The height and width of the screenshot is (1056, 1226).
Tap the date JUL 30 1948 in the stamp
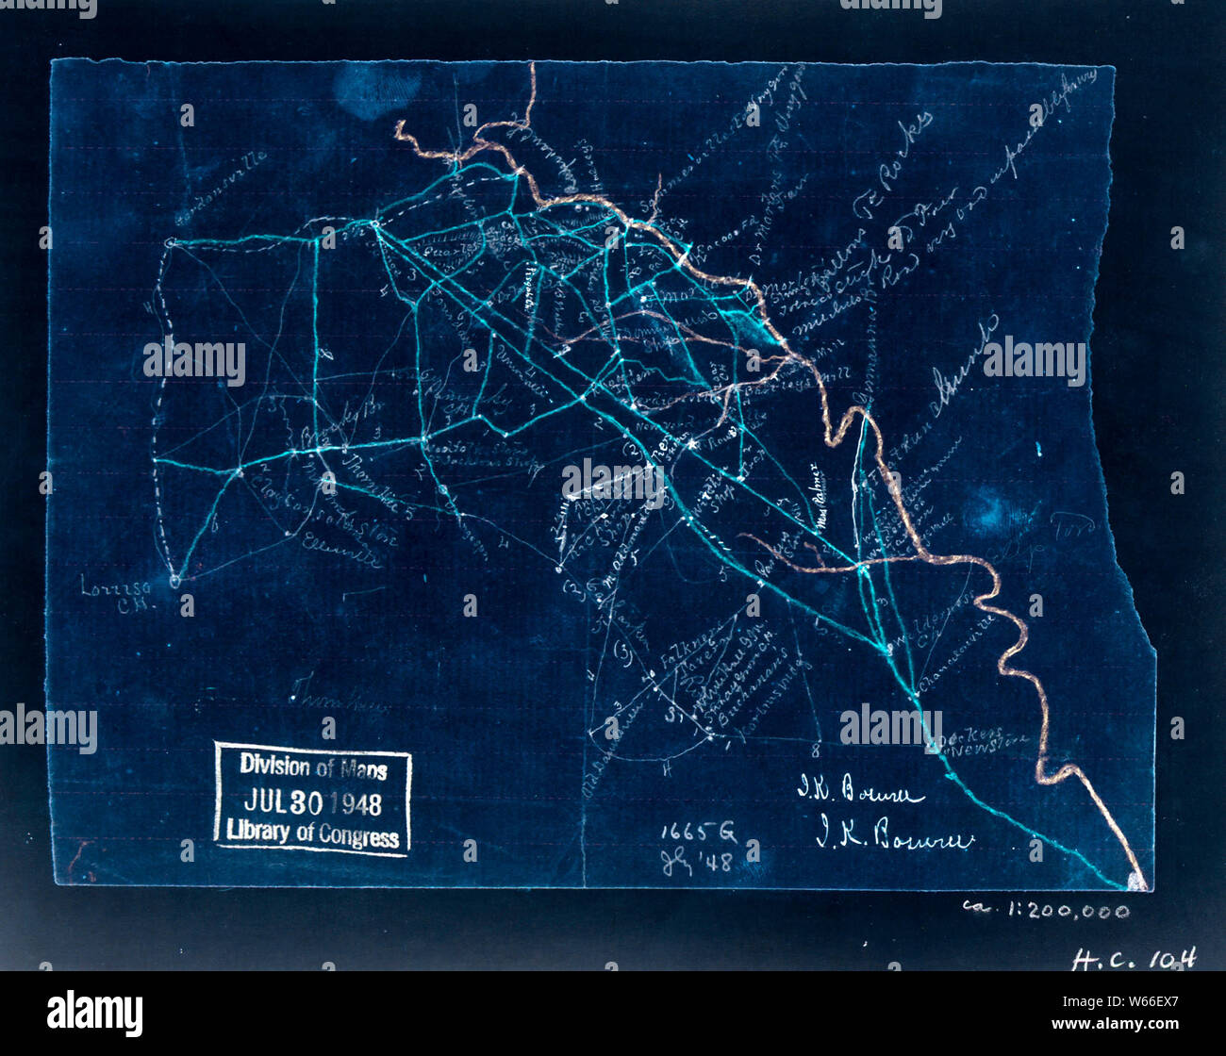tap(312, 802)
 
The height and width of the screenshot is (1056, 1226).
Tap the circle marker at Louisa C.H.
tap(174, 581)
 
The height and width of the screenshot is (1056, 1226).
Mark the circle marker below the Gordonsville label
tap(171, 243)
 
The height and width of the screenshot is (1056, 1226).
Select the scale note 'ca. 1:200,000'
tap(1045, 910)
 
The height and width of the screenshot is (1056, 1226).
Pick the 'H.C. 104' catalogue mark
tap(1134, 959)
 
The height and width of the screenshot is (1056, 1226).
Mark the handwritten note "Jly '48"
tap(696, 863)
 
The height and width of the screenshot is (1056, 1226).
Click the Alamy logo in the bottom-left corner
tap(94, 1014)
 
